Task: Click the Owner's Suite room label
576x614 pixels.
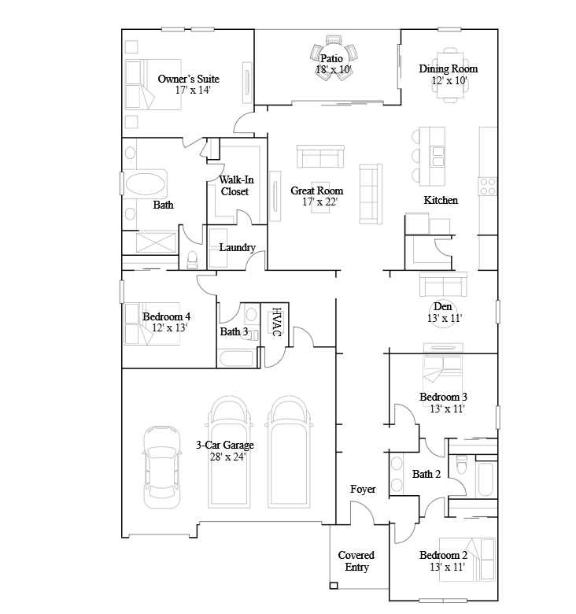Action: [188, 79]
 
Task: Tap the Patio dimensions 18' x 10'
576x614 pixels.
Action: [334, 70]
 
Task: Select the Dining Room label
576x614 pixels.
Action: [448, 69]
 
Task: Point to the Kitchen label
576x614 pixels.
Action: [441, 200]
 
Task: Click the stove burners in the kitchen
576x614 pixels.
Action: [487, 187]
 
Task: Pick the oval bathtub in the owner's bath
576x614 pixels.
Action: [145, 183]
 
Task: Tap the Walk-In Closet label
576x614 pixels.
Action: [236, 186]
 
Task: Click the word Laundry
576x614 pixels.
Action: [237, 247]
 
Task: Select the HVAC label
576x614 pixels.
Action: [277, 321]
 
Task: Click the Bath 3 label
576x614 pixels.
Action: [234, 331]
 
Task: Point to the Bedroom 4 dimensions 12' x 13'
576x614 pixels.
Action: [169, 327]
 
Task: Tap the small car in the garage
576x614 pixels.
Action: [162, 467]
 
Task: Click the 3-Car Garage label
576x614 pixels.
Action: [224, 446]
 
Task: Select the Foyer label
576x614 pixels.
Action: [363, 489]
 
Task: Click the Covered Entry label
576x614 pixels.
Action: [356, 561]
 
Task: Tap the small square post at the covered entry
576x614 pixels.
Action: [334, 586]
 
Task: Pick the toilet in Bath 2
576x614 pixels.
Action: [462, 464]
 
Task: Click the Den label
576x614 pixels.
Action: [442, 307]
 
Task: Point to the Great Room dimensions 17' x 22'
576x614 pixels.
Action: [319, 202]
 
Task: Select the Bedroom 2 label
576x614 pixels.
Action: [443, 555]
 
